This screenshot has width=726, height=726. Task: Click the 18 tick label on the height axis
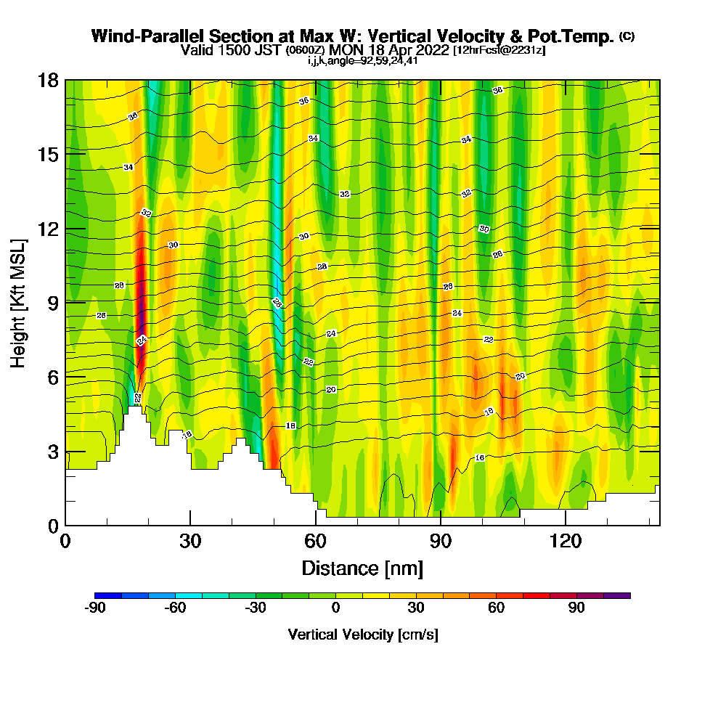pyautogui.click(x=49, y=80)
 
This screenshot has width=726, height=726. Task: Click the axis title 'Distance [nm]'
pyautogui.click(x=362, y=567)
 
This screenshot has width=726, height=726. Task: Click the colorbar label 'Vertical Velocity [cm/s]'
pyautogui.click(x=362, y=635)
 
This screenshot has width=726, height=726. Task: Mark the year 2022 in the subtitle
pyautogui.click(x=430, y=50)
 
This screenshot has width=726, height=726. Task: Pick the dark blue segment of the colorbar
pyautogui.click(x=103, y=595)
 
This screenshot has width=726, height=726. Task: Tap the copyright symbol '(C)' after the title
pyautogui.click(x=627, y=36)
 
